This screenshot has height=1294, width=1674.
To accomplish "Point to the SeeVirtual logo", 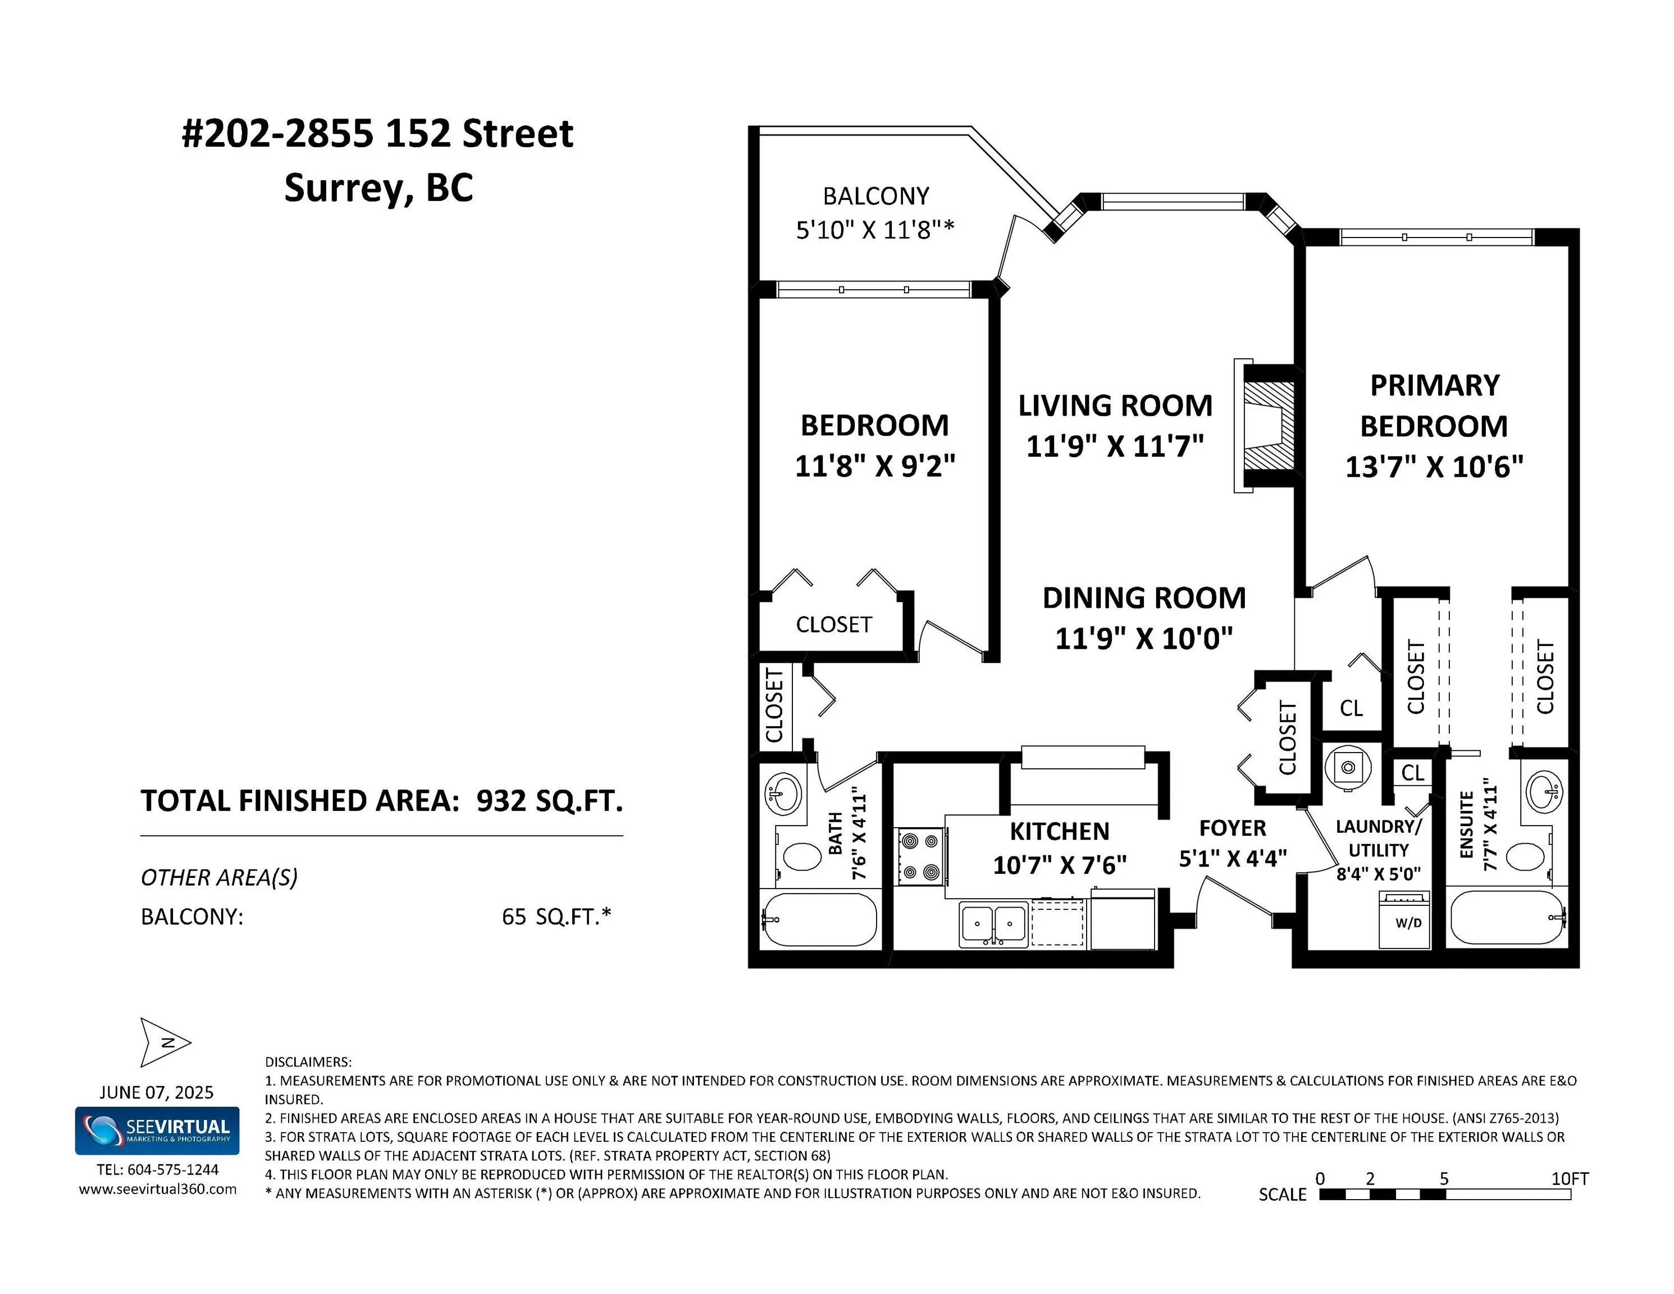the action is (x=157, y=1130).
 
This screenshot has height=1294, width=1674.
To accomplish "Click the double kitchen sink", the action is (x=993, y=924).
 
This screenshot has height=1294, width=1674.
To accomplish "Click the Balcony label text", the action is (x=876, y=196).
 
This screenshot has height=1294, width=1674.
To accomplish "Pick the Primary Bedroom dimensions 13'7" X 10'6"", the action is (x=1434, y=466).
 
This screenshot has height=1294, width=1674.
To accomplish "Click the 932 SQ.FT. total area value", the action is (x=550, y=800).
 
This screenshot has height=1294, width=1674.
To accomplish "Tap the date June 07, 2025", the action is (x=156, y=1092).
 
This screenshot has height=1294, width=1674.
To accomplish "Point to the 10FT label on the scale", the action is (x=1569, y=1178).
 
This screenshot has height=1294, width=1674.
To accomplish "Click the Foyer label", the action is (x=1233, y=828).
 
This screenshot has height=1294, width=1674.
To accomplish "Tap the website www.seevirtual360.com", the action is (x=158, y=1189).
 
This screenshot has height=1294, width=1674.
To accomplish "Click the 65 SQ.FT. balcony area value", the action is (x=557, y=916).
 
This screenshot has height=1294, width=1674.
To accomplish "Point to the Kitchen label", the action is (x=1059, y=831).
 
